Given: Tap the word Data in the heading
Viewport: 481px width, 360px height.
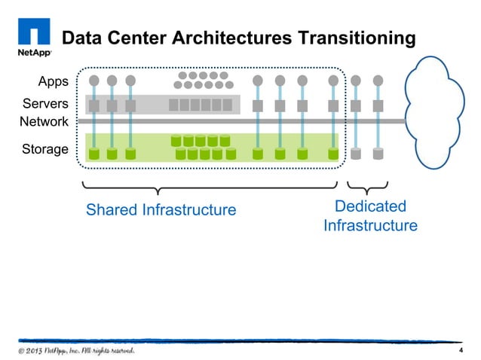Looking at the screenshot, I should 81,38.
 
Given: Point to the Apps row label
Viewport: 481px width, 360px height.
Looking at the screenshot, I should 53,81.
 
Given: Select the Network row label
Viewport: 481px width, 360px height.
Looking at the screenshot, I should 44,121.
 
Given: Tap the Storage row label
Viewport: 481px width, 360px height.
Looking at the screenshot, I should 44,149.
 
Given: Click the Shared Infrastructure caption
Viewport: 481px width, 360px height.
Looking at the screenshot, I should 161,209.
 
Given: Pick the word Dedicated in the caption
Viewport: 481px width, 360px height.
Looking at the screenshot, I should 370,206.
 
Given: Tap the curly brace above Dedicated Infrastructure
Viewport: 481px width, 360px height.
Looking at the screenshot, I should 367,185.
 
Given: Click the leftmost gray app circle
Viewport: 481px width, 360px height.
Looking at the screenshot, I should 94,80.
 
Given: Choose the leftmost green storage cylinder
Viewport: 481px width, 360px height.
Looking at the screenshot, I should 94,154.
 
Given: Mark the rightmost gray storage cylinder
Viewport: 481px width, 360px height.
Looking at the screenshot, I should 378,154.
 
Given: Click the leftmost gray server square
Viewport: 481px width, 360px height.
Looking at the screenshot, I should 94,105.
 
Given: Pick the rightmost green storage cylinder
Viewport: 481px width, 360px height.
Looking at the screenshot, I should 333,154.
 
